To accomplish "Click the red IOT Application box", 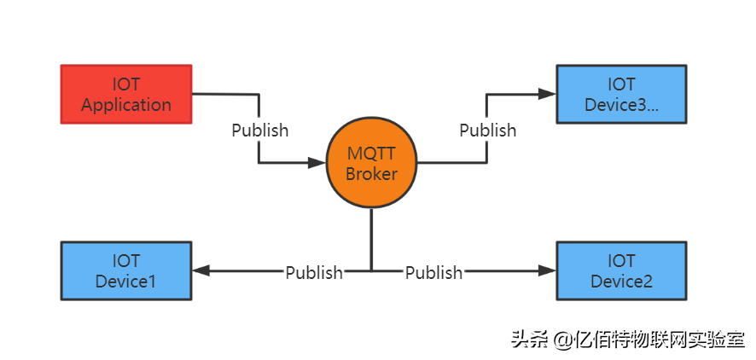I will pyautogui.click(x=126, y=94).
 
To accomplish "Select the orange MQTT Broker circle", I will pyautogui.click(x=371, y=164).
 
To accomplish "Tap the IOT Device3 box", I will pyautogui.click(x=621, y=94).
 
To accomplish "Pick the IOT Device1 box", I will pyautogui.click(x=126, y=270).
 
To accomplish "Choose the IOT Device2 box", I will pyautogui.click(x=621, y=270).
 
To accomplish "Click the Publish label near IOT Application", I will pyautogui.click(x=260, y=131).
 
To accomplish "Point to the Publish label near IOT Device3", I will pyautogui.click(x=487, y=131).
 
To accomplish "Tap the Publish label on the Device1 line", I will pyautogui.click(x=313, y=272).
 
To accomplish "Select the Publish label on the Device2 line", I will pyautogui.click(x=433, y=272).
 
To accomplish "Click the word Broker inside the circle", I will pyautogui.click(x=371, y=174).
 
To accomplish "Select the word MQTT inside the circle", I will pyautogui.click(x=371, y=154).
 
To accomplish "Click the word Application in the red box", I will pyautogui.click(x=126, y=105).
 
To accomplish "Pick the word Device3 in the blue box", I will pyautogui.click(x=621, y=105).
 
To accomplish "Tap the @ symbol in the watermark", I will pyautogui.click(x=561, y=340).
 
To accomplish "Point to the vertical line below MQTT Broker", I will pyautogui.click(x=371, y=239).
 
